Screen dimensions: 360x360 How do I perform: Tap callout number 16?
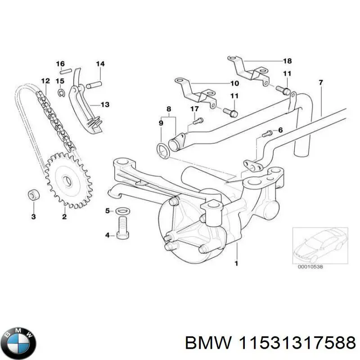coord(60,64)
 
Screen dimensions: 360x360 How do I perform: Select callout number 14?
coord(100,64)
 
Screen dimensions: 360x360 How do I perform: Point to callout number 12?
coord(45,81)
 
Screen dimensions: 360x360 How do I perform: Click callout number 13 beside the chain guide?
coord(104,104)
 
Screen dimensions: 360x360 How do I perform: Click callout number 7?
coord(320,82)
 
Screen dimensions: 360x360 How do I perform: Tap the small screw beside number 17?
coord(198,120)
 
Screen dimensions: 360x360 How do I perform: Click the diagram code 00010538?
coord(310,266)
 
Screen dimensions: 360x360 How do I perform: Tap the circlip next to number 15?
coord(62,93)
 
